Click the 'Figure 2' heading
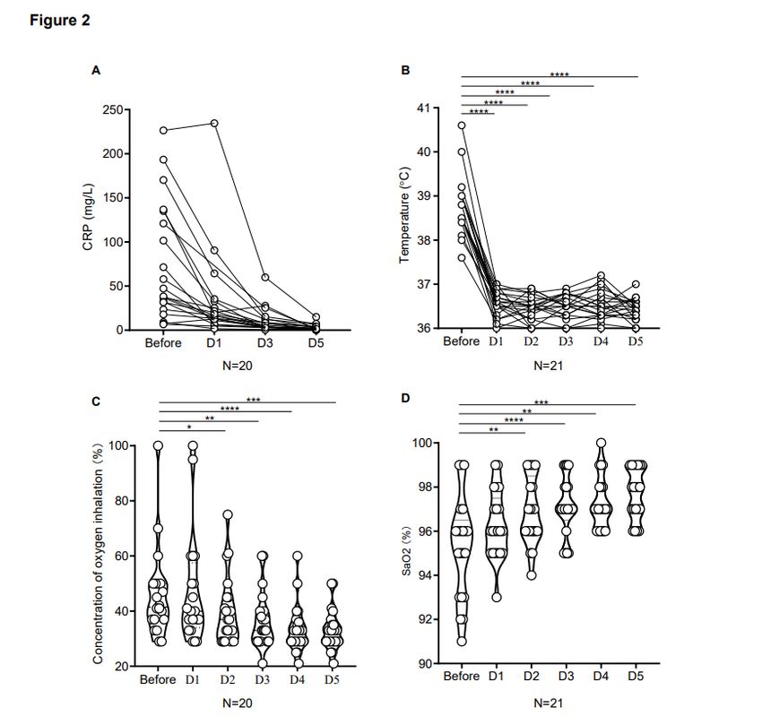coord(59,20)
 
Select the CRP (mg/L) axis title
coord(89,220)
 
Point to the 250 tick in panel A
coord(113,110)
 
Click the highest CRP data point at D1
coord(214,124)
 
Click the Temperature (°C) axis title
coord(404,219)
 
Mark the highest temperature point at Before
coord(462,125)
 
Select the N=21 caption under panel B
coord(549,365)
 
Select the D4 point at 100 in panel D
coord(601,444)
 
